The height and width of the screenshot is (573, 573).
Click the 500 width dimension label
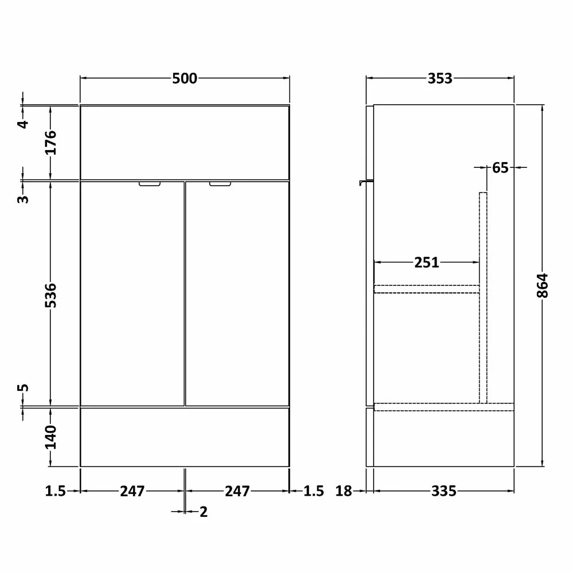click(185, 79)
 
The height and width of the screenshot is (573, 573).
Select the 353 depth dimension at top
click(440, 79)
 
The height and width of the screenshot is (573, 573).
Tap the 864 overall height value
click(543, 285)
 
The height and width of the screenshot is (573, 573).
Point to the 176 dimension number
click(51, 142)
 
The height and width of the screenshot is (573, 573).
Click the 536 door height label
click(51, 295)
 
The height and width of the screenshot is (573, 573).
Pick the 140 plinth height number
click(51, 437)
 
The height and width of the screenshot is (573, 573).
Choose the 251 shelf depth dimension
click(426, 262)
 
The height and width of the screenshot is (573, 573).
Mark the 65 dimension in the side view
click(500, 168)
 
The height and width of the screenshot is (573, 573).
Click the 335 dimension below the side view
click(444, 491)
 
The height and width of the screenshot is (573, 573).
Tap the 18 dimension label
click(343, 491)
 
